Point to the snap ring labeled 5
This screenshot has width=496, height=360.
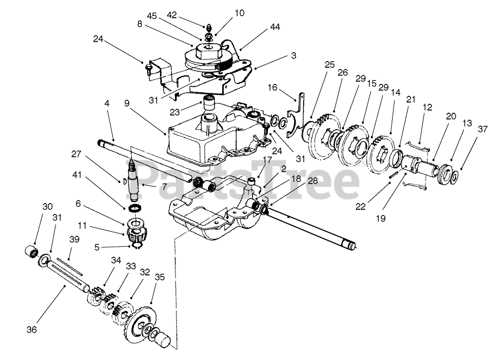pos(136,245)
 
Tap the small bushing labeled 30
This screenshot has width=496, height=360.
pos(31,250)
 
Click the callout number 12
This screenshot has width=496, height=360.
pos(427,106)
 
